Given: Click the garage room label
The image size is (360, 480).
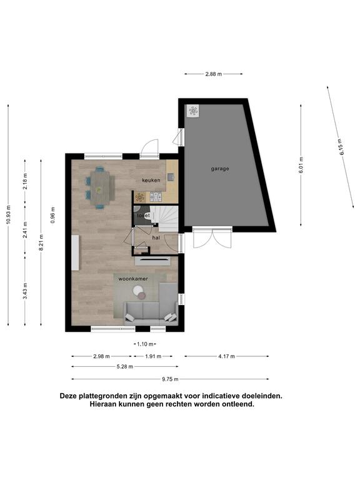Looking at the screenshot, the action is coord(220,169).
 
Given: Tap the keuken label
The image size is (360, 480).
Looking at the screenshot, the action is coord(151,180).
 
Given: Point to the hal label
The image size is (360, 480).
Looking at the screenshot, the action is coord(156,237).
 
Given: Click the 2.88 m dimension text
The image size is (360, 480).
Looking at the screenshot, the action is coord(213,74).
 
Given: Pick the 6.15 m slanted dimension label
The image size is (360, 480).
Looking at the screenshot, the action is coord(341,147).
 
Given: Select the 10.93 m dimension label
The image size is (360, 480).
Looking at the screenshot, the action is coord(8,214).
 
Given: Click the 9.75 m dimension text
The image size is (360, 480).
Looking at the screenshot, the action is coord(170,379).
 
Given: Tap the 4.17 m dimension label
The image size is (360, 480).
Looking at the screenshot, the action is coord(226,356).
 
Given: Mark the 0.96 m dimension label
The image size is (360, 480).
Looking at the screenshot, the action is coord(52,215).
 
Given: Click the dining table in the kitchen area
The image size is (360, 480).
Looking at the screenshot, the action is coord(100,188).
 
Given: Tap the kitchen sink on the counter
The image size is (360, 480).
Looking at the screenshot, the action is coord(170,177).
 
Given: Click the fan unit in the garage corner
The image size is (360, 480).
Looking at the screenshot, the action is coord(193,111).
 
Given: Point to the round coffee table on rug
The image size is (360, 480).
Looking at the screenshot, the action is coord(138,290).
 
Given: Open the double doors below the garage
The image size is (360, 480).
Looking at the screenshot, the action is coord(212,237).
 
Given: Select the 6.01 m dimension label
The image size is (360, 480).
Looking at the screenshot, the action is coord(301,165).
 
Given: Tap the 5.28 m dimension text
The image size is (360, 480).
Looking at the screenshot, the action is coord(124,366).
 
